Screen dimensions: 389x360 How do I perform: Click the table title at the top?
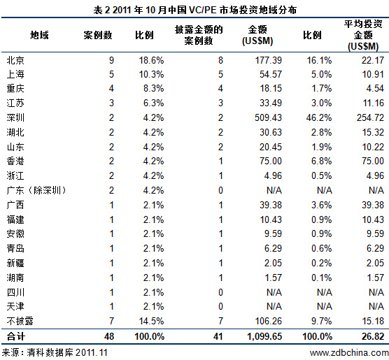click(x=194, y=10)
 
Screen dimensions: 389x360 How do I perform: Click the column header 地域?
click(x=39, y=35)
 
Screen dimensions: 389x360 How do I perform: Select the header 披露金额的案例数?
click(x=199, y=35)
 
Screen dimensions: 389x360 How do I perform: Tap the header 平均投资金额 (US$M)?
click(x=363, y=35)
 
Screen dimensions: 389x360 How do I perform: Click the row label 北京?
click(x=15, y=60)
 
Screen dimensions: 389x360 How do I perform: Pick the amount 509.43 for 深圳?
click(x=268, y=117)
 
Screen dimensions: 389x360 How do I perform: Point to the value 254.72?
click(x=370, y=117)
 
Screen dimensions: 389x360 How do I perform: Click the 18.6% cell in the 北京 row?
click(x=151, y=60)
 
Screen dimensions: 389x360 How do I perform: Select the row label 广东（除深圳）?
click(x=36, y=190)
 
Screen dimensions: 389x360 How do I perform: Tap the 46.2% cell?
click(x=319, y=117)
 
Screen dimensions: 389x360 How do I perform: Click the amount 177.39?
click(x=269, y=60)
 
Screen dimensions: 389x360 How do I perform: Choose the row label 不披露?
click(x=20, y=321)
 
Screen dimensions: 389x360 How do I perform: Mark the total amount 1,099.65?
click(x=264, y=336)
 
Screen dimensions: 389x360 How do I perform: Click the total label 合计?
click(x=15, y=336)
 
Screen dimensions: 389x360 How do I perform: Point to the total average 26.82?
click(x=373, y=336)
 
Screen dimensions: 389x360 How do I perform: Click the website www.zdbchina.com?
click(x=349, y=353)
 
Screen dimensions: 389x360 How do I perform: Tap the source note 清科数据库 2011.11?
click(x=67, y=352)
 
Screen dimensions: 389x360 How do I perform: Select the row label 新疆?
click(x=15, y=263)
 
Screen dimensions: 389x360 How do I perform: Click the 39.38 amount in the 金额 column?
click(x=271, y=205)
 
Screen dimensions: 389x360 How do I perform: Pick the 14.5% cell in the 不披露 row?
click(x=151, y=321)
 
